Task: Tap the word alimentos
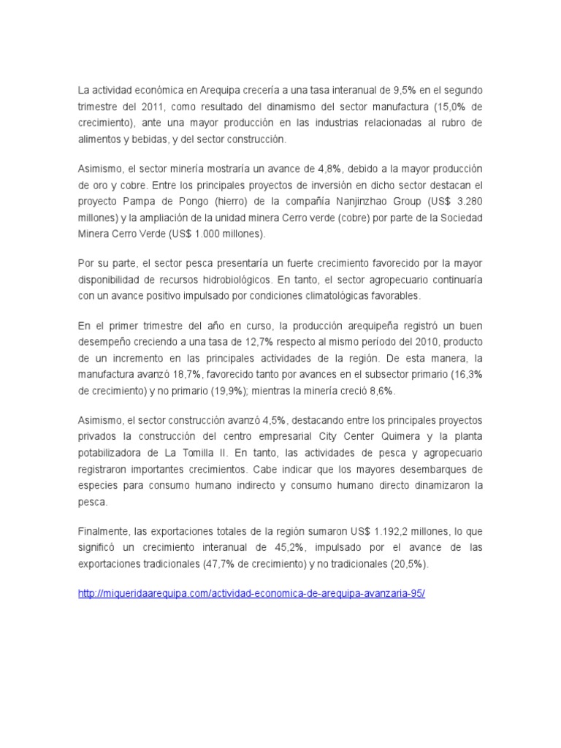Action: click(x=100, y=139)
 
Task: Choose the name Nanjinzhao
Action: click(x=347, y=202)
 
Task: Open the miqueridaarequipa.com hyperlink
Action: click(x=251, y=594)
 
